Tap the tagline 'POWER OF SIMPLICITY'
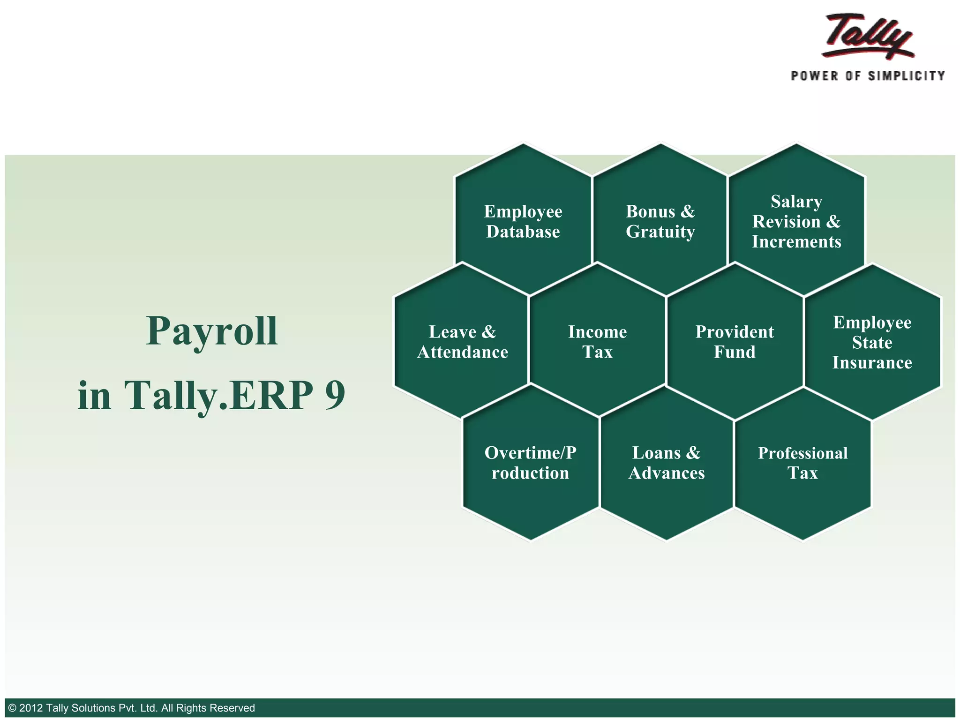tap(868, 76)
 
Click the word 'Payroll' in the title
tap(212, 332)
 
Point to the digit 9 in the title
tap(335, 395)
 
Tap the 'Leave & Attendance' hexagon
tap(462, 342)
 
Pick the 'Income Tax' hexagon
tap(597, 342)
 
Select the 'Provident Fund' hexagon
tap(735, 342)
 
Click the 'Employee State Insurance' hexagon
tap(872, 342)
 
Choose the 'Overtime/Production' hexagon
tap(530, 463)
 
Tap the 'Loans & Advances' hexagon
tap(667, 463)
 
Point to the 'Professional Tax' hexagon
tap(802, 463)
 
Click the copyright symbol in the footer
tap(13, 708)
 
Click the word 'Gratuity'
tap(660, 232)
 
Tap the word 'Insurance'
tap(872, 363)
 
